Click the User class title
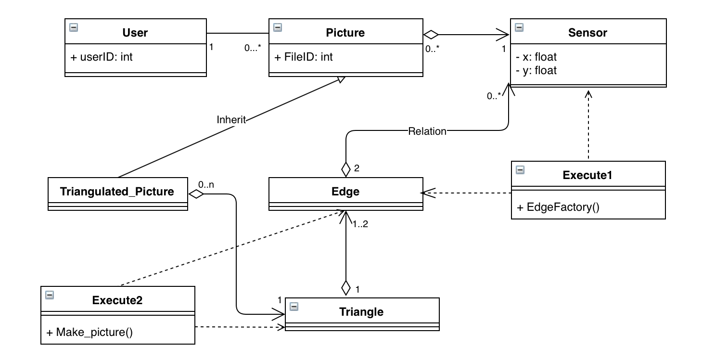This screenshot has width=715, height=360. [135, 33]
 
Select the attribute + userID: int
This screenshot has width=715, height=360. [102, 57]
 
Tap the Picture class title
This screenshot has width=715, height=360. [345, 33]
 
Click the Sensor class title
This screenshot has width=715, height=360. [587, 33]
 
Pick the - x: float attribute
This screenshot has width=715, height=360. [536, 57]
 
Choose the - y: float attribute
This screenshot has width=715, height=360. [536, 70]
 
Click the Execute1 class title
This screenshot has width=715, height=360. [587, 175]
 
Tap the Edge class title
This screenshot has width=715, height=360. [345, 192]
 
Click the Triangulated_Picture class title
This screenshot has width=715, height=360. [117, 192]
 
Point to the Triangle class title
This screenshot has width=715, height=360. [361, 311]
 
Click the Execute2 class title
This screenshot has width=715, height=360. [117, 300]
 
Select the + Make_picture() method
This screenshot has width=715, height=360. [89, 332]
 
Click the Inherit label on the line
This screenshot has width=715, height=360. [231, 120]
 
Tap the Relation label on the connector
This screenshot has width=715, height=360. [427, 131]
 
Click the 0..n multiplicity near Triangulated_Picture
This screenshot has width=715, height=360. [206, 184]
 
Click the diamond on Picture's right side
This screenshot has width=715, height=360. [431, 34]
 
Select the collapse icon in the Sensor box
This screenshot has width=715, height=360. [519, 27]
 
